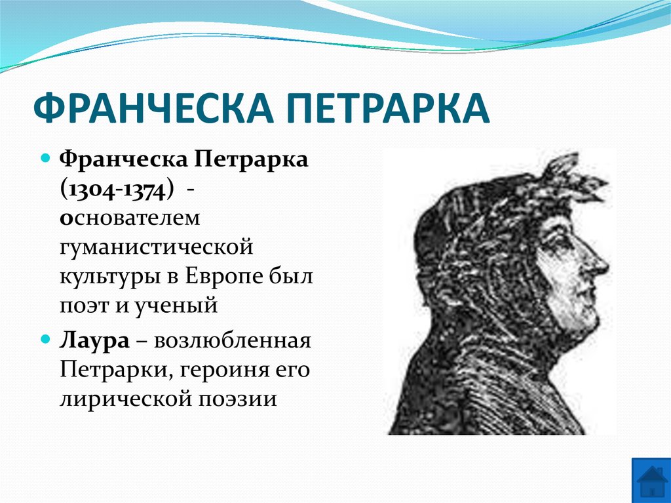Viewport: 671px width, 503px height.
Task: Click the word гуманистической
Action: point(155,247)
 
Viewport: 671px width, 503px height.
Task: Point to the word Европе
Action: point(222,276)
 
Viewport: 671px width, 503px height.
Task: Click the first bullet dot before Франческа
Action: point(46,160)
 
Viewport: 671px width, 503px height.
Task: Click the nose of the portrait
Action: point(600,262)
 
